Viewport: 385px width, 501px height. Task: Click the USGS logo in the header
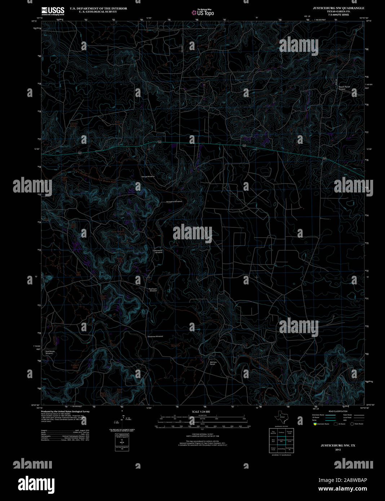(53, 10)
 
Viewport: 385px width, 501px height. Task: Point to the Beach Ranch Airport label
(344, 88)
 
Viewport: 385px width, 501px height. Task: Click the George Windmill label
(148, 177)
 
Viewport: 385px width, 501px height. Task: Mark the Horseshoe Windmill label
(174, 201)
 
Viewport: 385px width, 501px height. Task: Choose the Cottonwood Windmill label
(158, 252)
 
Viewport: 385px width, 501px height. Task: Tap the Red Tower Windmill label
(153, 289)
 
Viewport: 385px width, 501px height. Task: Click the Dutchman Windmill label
(155, 336)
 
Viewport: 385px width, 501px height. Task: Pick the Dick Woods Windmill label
(50, 352)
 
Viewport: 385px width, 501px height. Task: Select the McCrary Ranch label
(213, 363)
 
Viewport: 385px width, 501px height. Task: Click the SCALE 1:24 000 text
(201, 412)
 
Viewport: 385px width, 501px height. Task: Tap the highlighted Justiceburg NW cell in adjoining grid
(282, 440)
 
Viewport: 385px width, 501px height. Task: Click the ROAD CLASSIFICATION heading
(338, 411)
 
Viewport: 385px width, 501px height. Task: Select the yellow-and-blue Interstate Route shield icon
(314, 424)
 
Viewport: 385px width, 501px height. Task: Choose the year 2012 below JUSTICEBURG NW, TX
(338, 449)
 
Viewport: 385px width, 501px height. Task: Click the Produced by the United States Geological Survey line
(65, 411)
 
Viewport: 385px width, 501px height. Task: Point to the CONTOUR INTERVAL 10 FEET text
(201, 434)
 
